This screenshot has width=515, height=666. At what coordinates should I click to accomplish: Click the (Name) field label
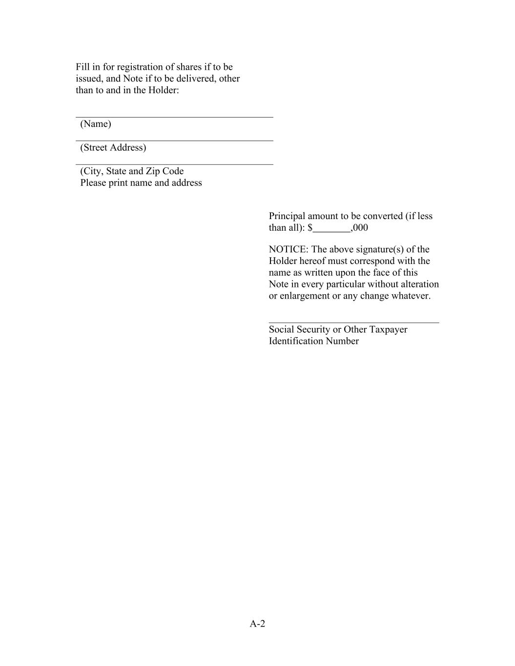[96, 124]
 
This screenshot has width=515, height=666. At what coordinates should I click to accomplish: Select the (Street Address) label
[113, 147]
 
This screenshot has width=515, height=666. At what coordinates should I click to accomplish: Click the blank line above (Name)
[174, 117]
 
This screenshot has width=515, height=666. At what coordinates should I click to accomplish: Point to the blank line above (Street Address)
[174, 141]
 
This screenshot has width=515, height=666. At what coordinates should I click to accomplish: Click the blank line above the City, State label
[174, 164]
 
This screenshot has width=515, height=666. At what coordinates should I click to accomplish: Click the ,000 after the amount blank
[360, 228]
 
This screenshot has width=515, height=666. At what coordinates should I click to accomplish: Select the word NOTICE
[288, 249]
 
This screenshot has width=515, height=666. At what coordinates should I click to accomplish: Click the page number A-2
[257, 624]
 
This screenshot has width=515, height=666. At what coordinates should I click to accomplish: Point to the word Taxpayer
[388, 329]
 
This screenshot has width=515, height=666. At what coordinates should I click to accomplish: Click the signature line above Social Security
[354, 322]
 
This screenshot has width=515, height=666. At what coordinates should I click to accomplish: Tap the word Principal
[287, 216]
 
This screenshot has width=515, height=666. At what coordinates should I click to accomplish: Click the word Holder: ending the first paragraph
[163, 90]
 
